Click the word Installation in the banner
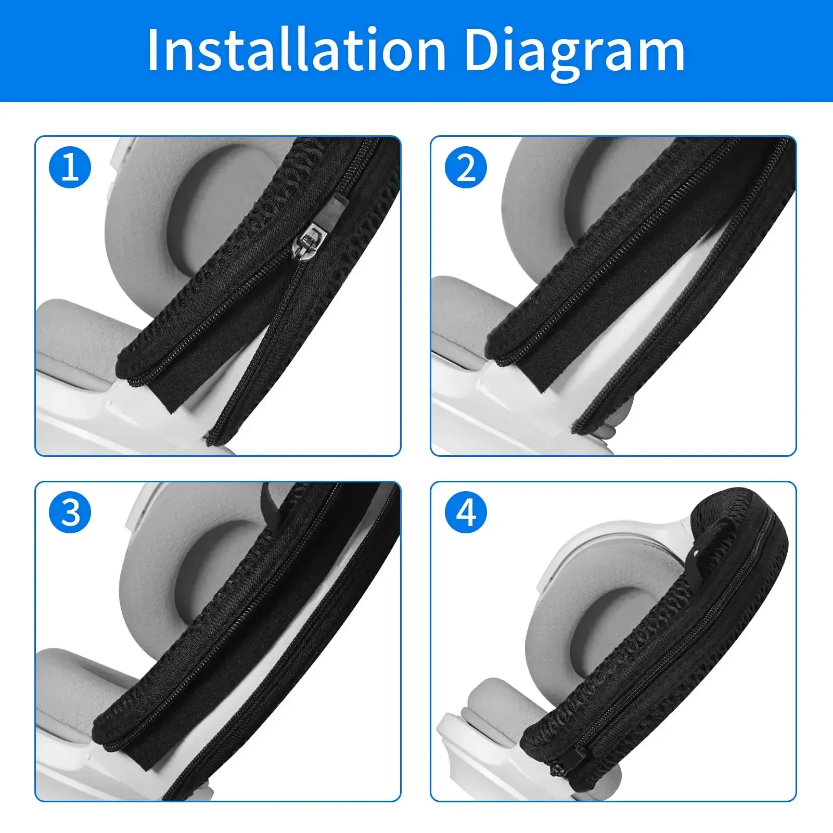(297, 50)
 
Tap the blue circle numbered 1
(70, 168)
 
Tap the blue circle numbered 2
(466, 168)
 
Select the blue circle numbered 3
(70, 512)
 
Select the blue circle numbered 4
(466, 512)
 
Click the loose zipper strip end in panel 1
(213, 440)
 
